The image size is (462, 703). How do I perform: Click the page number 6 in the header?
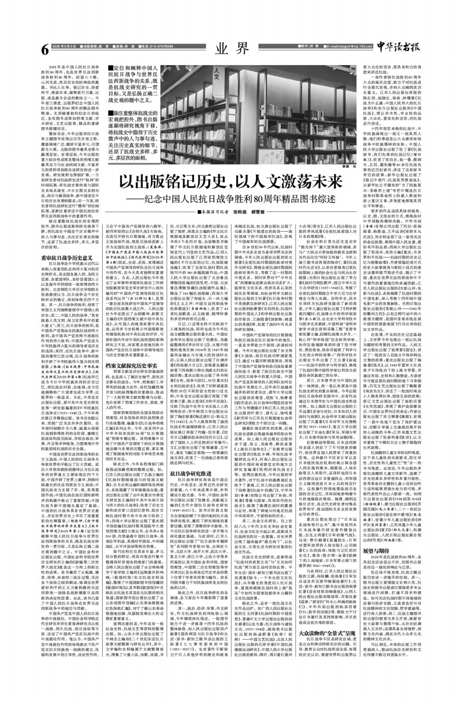[45, 49]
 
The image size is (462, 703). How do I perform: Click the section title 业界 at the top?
[232, 49]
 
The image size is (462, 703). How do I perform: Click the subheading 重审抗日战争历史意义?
[66, 258]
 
